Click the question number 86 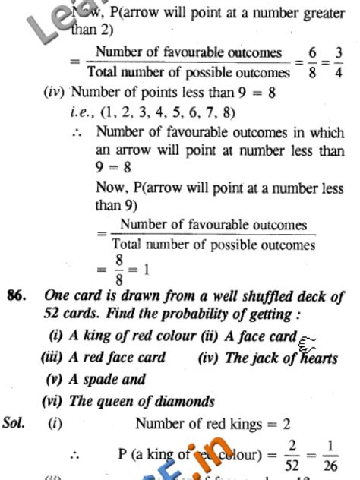pyautogui.click(x=17, y=295)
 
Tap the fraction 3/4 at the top pyautogui.click(x=338, y=62)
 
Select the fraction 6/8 pyautogui.click(x=311, y=62)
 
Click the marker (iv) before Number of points pyautogui.click(x=55, y=93)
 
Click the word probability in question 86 pyautogui.click(x=202, y=314)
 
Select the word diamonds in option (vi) pyautogui.click(x=182, y=401)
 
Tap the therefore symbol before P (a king pyautogui.click(x=75, y=456)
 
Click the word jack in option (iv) pyautogui.click(x=262, y=357)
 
